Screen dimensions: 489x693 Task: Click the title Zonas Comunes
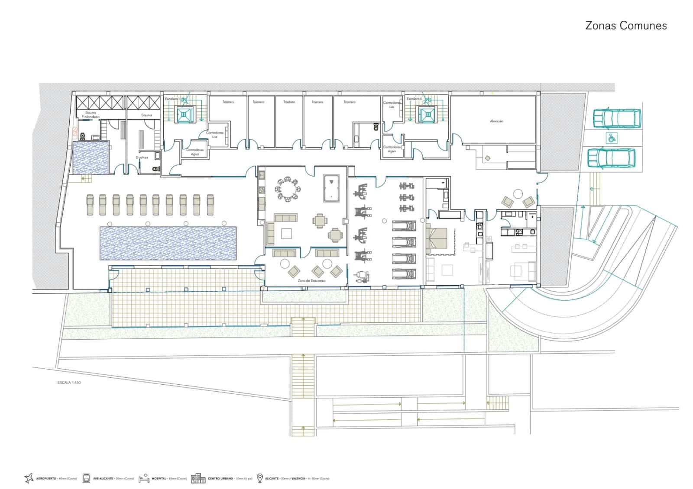[x=625, y=26]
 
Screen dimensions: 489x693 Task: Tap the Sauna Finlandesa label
[x=91, y=115]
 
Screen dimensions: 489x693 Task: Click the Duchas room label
[x=142, y=158]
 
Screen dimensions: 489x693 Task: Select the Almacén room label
[x=496, y=122]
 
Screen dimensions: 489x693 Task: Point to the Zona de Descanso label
[x=311, y=281]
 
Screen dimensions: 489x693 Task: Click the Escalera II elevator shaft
[x=426, y=114]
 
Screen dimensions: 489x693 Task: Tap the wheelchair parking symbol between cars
[x=612, y=138]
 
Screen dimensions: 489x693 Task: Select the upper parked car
[x=616, y=118]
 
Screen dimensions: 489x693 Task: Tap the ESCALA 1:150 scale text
[x=69, y=383]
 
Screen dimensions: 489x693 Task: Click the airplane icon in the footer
[x=29, y=478]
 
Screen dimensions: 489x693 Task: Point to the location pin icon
[x=259, y=478]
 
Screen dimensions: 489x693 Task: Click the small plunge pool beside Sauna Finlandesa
[x=90, y=158]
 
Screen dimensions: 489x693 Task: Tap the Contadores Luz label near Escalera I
[x=214, y=134]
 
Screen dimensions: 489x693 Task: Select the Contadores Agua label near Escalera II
[x=392, y=149]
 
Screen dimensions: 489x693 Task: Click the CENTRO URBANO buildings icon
[x=198, y=478]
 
